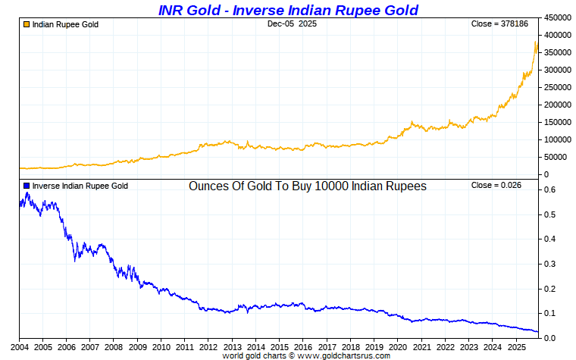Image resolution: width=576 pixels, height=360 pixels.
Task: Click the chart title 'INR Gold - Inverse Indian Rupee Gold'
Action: [288, 10]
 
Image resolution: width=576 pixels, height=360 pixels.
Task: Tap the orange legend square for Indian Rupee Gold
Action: [27, 24]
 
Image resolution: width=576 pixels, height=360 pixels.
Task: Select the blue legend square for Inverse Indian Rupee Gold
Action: [27, 186]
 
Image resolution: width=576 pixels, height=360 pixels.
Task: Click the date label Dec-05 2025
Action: [292, 24]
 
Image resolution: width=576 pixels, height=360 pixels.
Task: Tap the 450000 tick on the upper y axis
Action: [559, 17]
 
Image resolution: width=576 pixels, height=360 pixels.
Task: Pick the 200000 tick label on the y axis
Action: [559, 105]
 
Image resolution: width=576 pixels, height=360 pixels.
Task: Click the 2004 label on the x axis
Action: [19, 346]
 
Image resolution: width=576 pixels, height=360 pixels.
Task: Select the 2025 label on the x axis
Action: [515, 346]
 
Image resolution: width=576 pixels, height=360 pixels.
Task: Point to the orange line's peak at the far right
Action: [536, 42]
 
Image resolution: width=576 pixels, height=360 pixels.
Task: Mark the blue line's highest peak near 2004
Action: [27, 193]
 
